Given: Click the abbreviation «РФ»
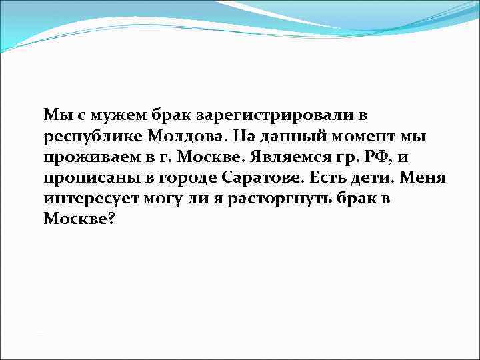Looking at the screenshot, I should pos(371,158).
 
